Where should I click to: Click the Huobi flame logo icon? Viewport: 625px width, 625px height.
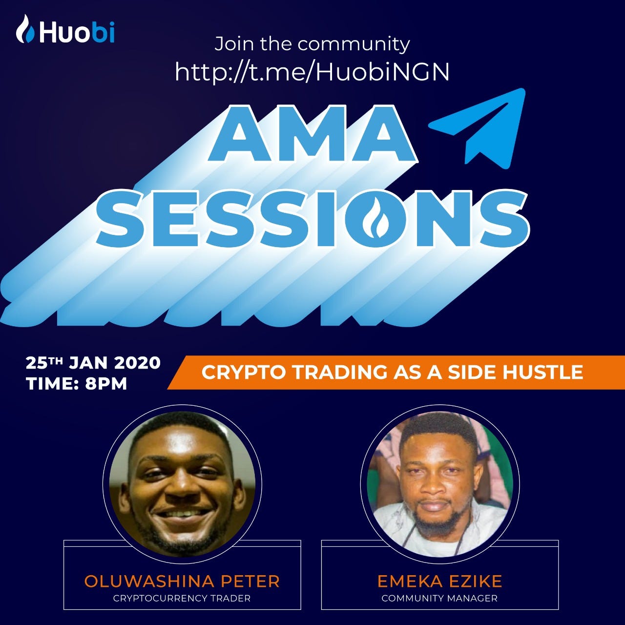click(x=25, y=29)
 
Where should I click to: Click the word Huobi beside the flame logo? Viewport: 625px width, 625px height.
click(x=77, y=32)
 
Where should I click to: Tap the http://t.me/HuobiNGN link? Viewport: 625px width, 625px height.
click(x=312, y=72)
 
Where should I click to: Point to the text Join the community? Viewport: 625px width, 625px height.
click(x=312, y=44)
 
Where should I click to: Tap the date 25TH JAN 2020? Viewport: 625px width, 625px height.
click(x=93, y=363)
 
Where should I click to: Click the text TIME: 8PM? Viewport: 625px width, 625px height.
click(x=77, y=383)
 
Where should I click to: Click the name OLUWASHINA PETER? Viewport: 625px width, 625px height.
click(x=182, y=581)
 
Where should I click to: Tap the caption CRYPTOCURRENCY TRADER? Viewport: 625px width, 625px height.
click(x=182, y=598)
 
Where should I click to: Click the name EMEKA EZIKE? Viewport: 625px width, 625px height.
click(x=439, y=581)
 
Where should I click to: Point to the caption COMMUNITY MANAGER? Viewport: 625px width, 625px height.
click(x=439, y=598)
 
